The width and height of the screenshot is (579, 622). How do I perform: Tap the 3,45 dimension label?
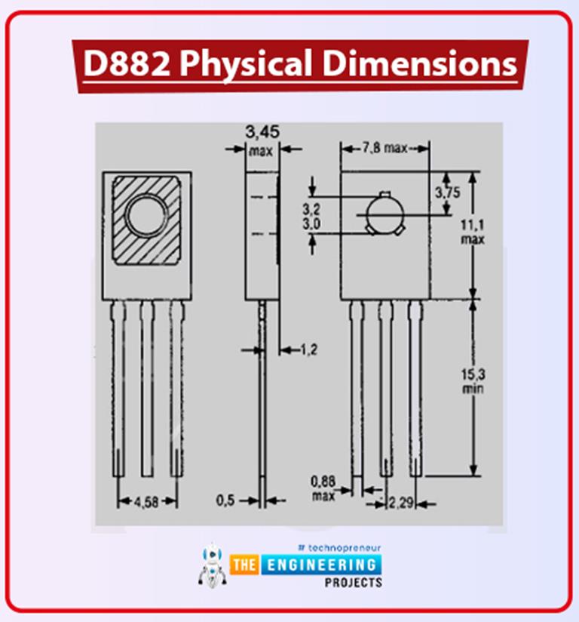click(x=262, y=133)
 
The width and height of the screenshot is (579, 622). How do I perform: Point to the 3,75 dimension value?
click(x=447, y=192)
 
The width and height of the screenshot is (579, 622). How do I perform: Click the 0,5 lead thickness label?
click(x=226, y=500)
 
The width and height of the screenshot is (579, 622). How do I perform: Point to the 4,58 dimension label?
click(x=146, y=501)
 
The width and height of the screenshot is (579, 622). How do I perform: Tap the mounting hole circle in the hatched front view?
click(x=147, y=216)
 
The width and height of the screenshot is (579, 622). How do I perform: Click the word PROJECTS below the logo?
click(x=354, y=584)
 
